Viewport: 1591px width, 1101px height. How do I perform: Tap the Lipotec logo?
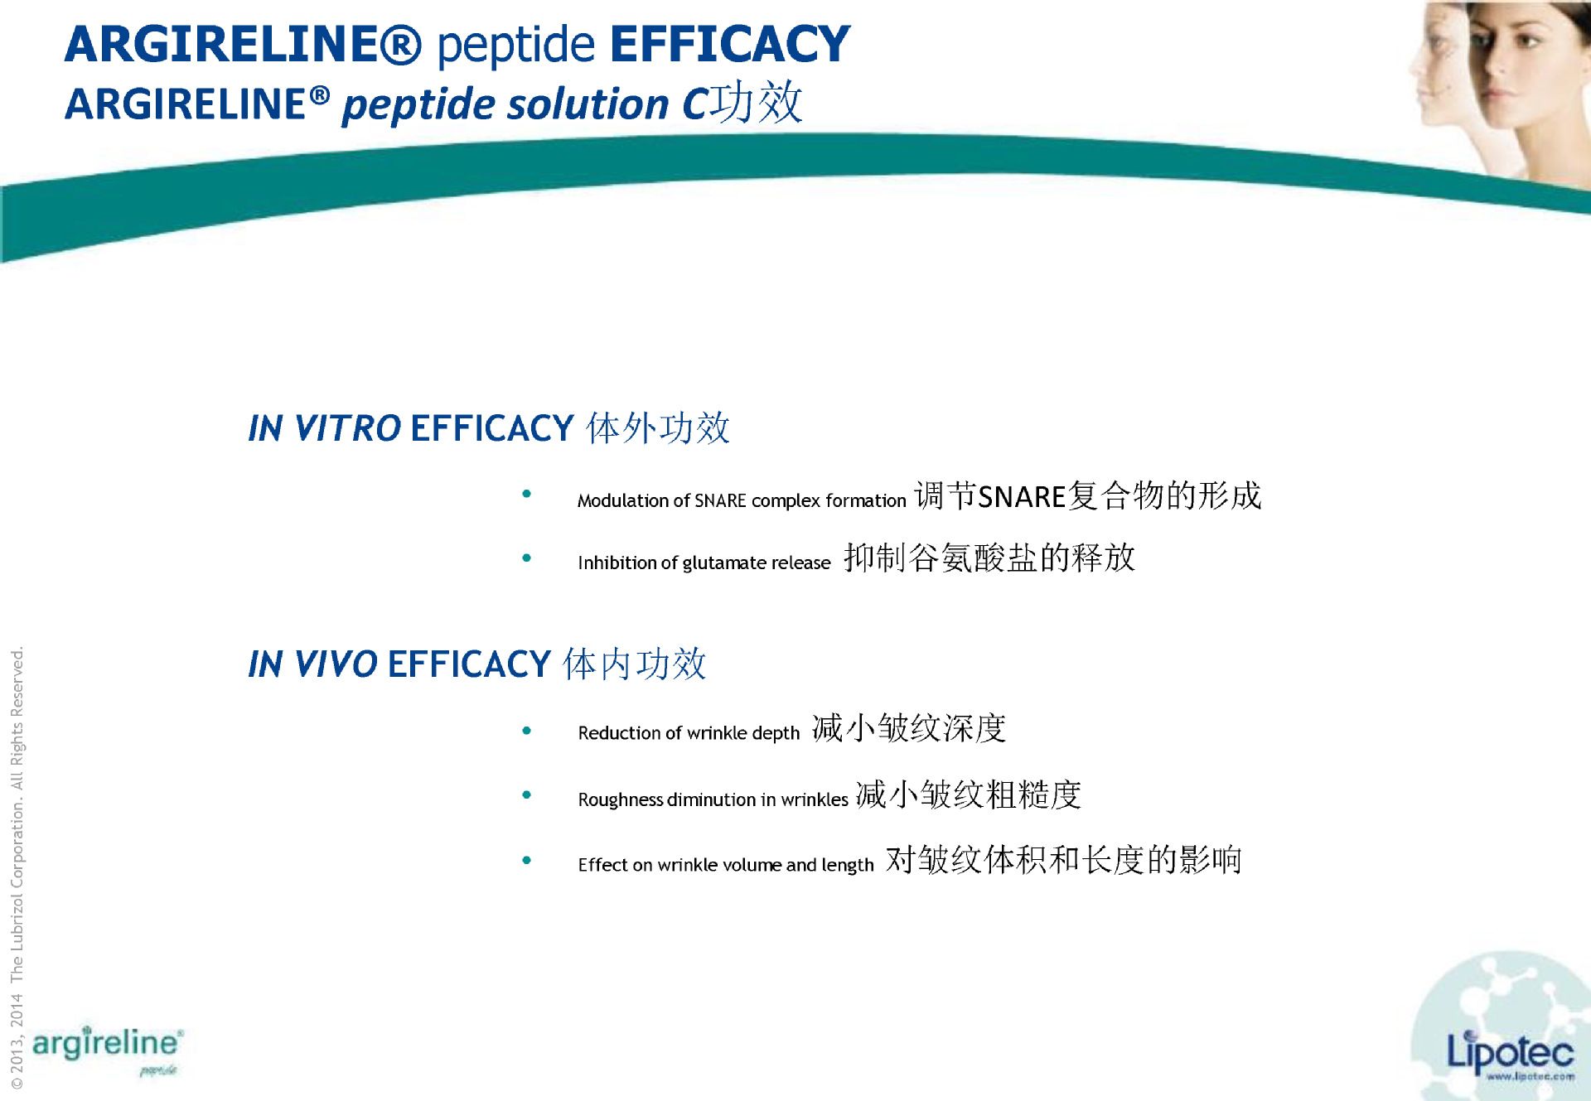[1509, 1053]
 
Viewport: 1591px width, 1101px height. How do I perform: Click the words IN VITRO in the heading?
[325, 428]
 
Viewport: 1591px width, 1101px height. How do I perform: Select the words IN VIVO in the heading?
[313, 664]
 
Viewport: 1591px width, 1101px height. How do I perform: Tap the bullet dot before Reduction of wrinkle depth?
[526, 731]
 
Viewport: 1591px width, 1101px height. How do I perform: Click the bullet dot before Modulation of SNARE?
[526, 495]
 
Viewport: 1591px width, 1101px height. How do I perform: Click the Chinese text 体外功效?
[658, 428]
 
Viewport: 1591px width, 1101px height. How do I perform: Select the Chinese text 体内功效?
[635, 664]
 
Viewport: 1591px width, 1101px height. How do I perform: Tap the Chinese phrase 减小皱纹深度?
[909, 728]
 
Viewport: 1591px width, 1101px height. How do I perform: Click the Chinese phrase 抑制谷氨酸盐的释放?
[989, 558]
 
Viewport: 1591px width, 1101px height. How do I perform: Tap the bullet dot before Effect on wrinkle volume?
[526, 861]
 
